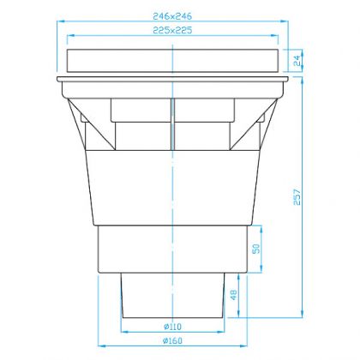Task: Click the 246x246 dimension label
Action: point(172,16)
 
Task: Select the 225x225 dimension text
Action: point(172,30)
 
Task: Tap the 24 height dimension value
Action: point(297,61)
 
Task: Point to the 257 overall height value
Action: point(297,197)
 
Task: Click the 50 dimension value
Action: point(256,249)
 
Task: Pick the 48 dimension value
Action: point(233,295)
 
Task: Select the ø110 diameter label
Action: point(172,327)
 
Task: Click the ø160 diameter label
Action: point(172,340)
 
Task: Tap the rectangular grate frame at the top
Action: point(172,61)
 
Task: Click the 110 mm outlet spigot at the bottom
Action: point(172,295)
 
